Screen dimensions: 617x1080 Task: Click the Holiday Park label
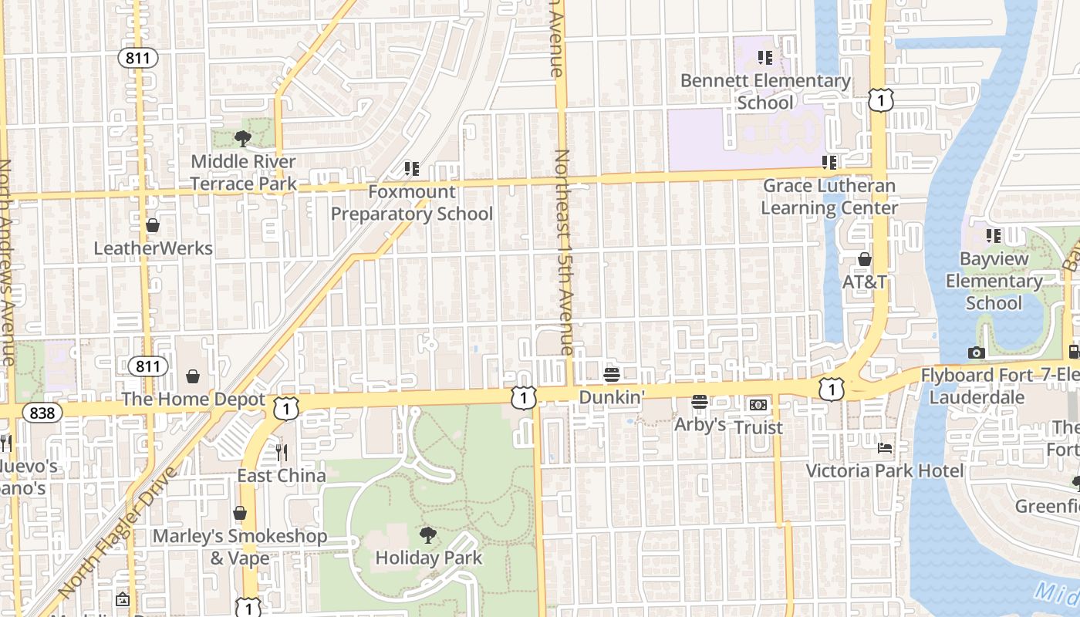pyautogui.click(x=428, y=558)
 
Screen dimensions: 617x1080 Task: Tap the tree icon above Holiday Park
pyautogui.click(x=428, y=534)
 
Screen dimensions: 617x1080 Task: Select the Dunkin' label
pyautogui.click(x=612, y=396)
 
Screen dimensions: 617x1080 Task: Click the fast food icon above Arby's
pyautogui.click(x=700, y=402)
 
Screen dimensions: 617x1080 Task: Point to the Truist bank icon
pyautogui.click(x=758, y=405)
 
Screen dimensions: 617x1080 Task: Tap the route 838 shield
pyautogui.click(x=42, y=413)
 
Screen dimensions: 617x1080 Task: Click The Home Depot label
pyautogui.click(x=193, y=400)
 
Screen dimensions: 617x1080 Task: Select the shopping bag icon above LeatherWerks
pyautogui.click(x=153, y=225)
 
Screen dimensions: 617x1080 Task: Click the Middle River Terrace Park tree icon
pyautogui.click(x=243, y=139)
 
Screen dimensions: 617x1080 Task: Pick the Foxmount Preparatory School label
pyautogui.click(x=412, y=203)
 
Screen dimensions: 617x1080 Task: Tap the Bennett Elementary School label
pyautogui.click(x=765, y=91)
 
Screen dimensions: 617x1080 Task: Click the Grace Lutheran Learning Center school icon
pyautogui.click(x=829, y=163)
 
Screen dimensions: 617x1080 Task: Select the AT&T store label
pyautogui.click(x=864, y=282)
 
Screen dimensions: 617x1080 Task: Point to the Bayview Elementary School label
pyautogui.click(x=994, y=281)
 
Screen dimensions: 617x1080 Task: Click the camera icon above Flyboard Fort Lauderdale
pyautogui.click(x=977, y=353)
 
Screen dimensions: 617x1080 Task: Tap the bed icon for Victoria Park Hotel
pyautogui.click(x=885, y=448)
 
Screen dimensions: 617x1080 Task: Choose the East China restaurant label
pyautogui.click(x=281, y=476)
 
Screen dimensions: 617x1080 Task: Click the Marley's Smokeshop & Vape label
pyautogui.click(x=240, y=547)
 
